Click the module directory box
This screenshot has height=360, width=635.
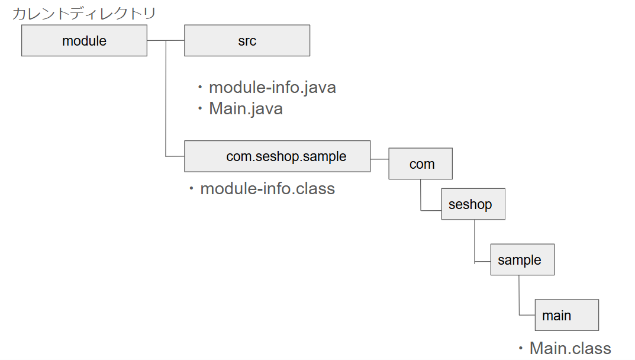84,41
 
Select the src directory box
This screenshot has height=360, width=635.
247,41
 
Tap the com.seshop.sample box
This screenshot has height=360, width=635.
277,156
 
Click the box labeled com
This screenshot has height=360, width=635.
421,164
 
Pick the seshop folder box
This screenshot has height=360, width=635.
473,204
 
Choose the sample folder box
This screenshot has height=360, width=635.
522,260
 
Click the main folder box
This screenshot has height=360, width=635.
566,315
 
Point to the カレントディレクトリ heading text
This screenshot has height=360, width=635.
84,13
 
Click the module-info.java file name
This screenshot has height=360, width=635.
272,88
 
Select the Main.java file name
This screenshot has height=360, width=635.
246,109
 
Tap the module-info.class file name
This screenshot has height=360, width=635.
267,189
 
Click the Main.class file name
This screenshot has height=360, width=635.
570,348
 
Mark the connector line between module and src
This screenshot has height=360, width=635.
166,41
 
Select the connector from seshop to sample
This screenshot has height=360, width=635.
475,243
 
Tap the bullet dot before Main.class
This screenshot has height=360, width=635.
521,348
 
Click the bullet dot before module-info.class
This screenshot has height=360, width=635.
192,189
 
